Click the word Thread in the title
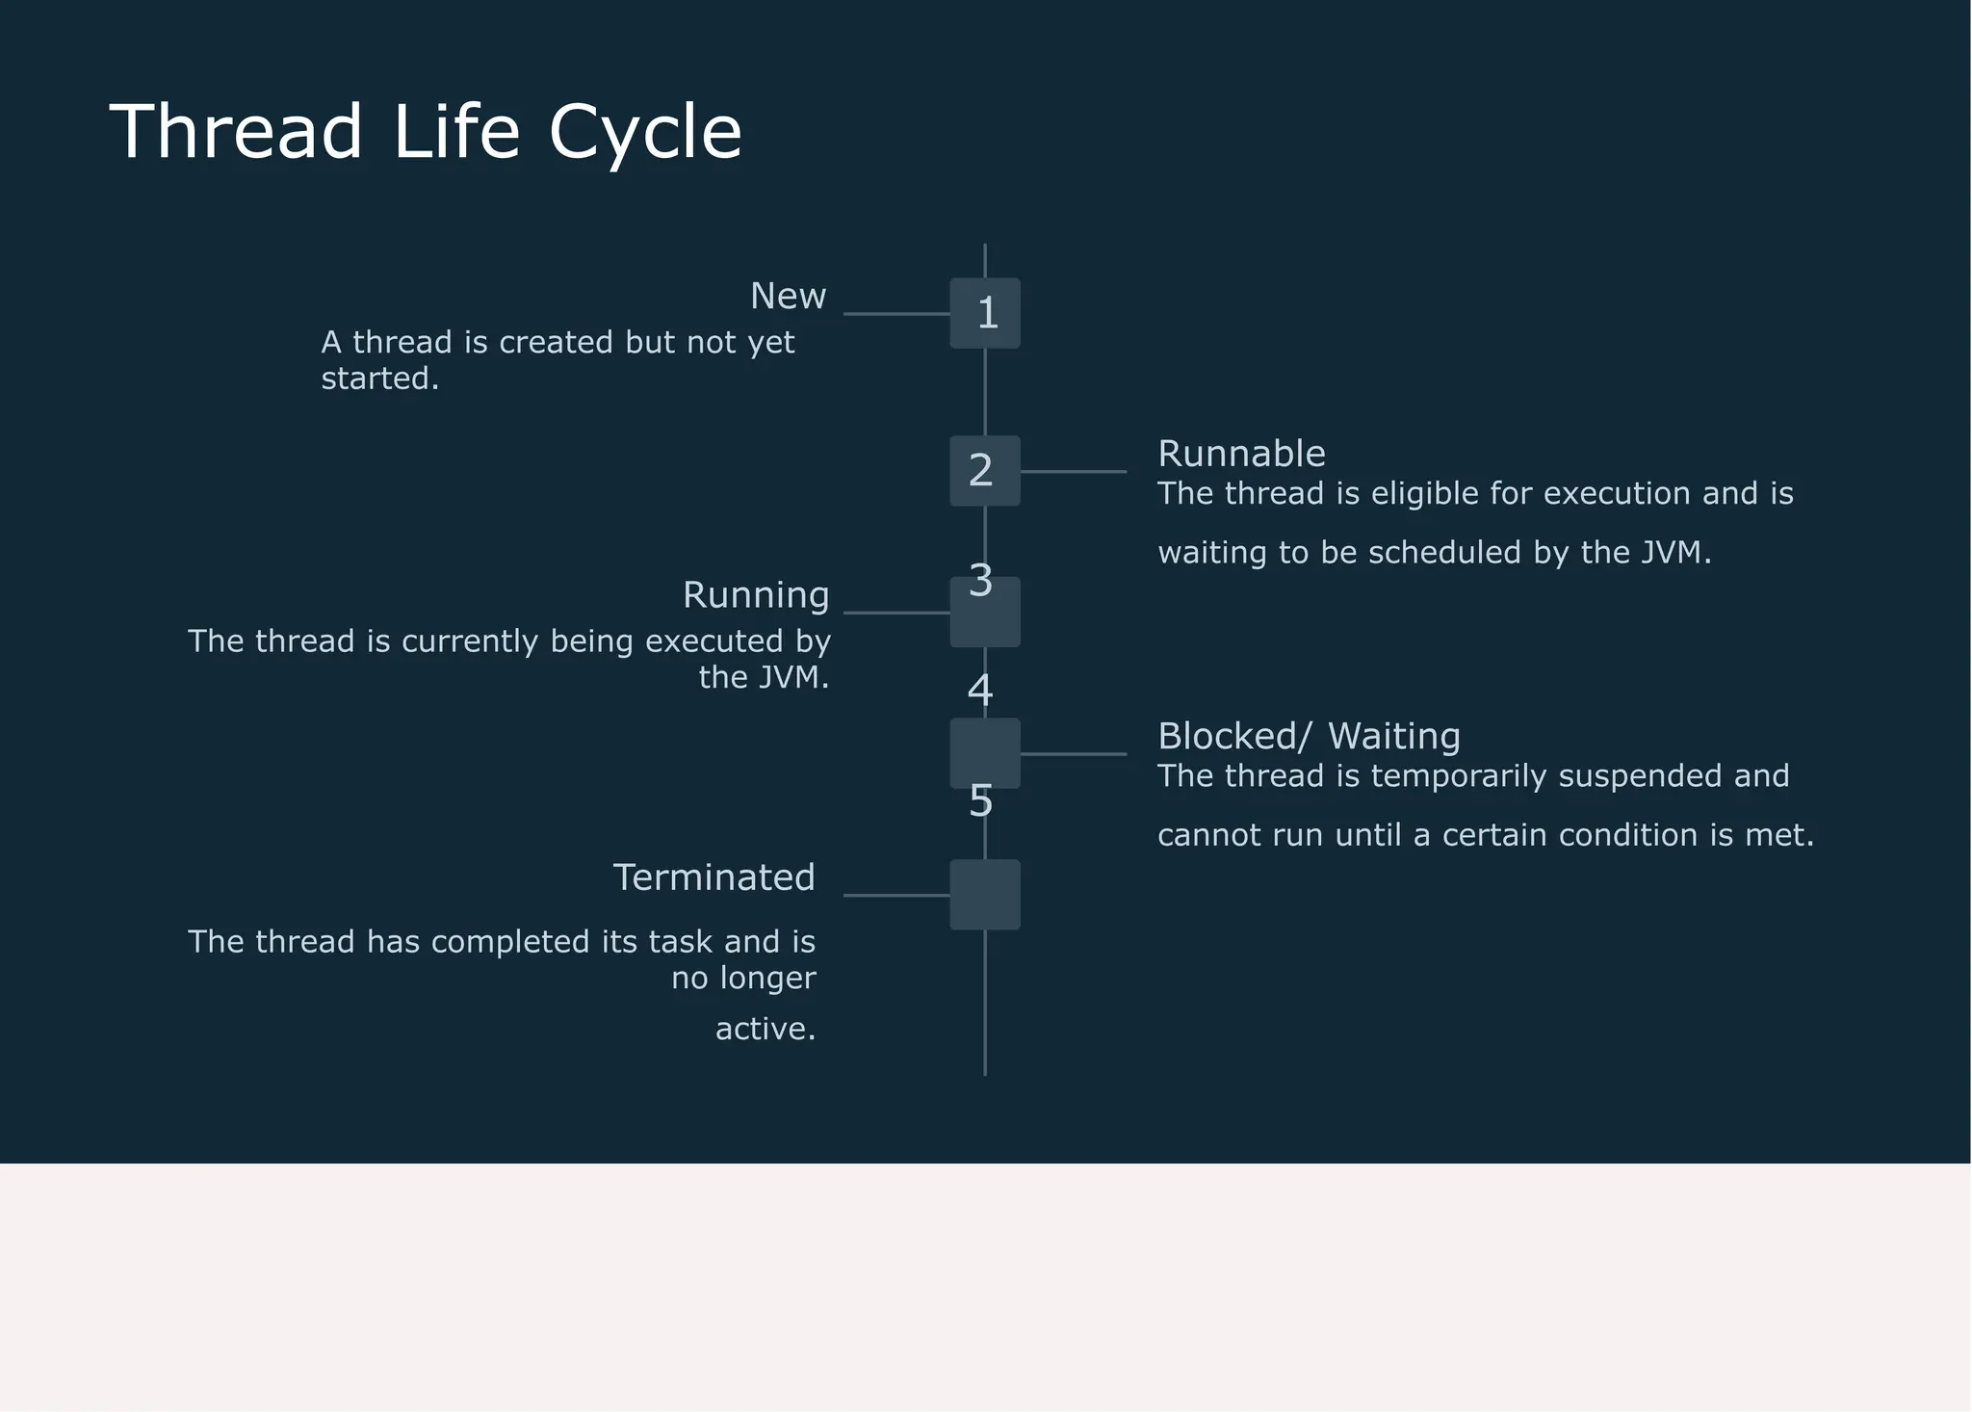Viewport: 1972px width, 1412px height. [x=236, y=132]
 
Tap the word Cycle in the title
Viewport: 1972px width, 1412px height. [x=645, y=132]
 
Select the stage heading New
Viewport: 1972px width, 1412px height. [x=788, y=297]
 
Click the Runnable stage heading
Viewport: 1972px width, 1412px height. [x=1241, y=454]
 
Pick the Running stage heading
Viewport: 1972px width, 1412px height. [x=756, y=595]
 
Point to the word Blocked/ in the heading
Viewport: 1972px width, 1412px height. [x=1233, y=737]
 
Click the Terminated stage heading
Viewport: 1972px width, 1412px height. [x=714, y=877]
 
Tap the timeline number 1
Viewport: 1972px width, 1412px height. [x=987, y=313]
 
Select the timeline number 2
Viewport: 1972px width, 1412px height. [x=980, y=470]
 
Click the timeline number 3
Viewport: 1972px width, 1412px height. [x=980, y=580]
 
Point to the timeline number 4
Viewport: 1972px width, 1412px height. [x=980, y=690]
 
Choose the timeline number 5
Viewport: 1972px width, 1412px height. [x=980, y=800]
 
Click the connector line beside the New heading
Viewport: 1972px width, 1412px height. [x=895, y=314]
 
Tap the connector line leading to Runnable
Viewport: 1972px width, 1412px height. [x=1073, y=472]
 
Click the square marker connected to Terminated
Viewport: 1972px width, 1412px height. [x=985, y=895]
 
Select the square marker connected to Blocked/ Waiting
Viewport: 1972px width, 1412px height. [x=985, y=753]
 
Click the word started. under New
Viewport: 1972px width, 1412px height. [x=379, y=379]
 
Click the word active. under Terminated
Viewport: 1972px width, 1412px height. [x=765, y=1030]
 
